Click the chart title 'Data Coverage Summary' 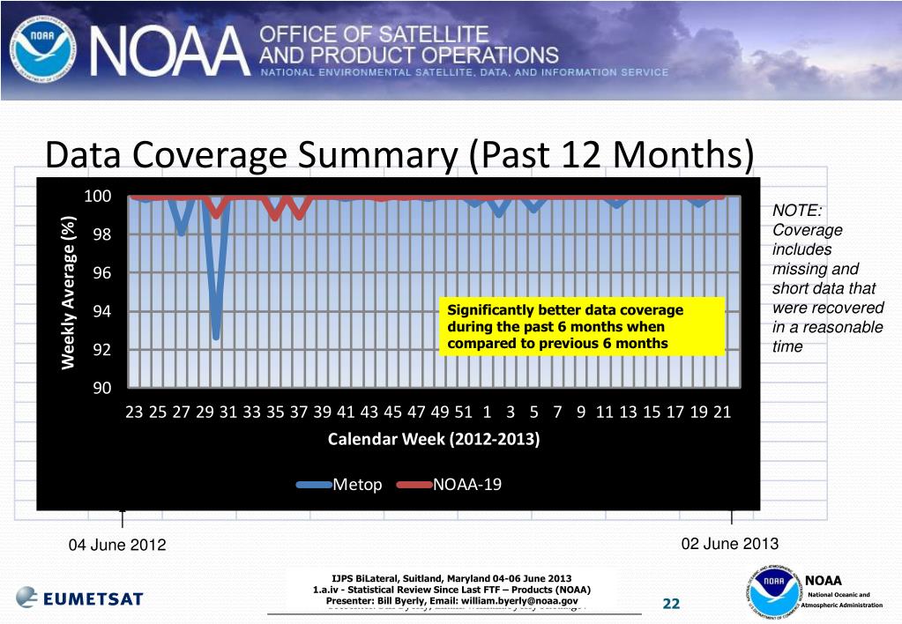click(x=399, y=156)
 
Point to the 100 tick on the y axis click(x=97, y=196)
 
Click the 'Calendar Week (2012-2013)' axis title click(x=434, y=439)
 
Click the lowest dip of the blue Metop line click(x=215, y=336)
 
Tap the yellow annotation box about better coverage click(x=580, y=327)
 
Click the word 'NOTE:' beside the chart click(x=797, y=211)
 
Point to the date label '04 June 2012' click(x=117, y=545)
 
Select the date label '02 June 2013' click(x=730, y=543)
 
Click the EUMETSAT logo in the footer click(x=79, y=597)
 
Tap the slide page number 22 click(x=671, y=604)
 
